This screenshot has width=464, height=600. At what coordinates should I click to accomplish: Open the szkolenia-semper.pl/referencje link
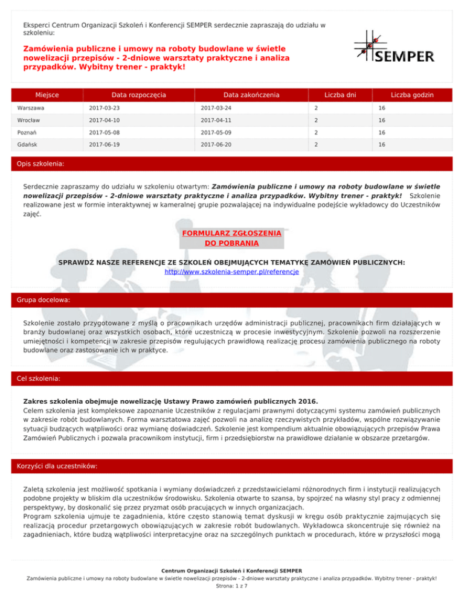pyautogui.click(x=231, y=272)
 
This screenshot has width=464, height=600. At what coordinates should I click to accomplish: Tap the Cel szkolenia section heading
pyautogui.click(x=43, y=378)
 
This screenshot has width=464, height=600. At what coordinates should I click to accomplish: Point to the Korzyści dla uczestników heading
pyautogui.click(x=59, y=467)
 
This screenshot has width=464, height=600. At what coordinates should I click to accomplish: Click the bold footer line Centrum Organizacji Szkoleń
pyautogui.click(x=232, y=569)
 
